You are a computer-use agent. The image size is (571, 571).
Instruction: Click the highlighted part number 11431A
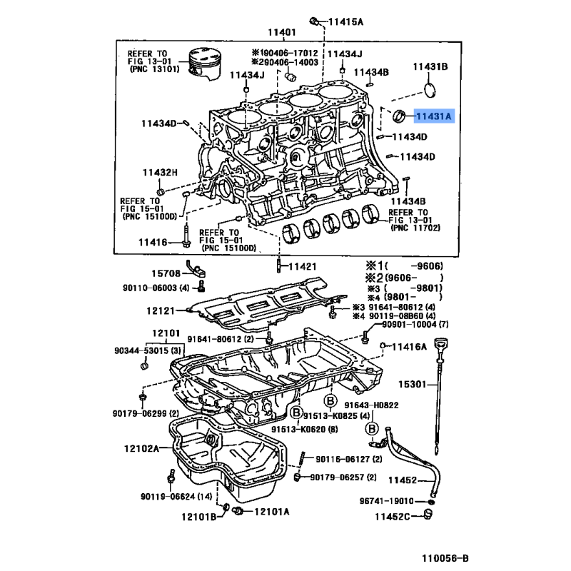pyautogui.click(x=434, y=114)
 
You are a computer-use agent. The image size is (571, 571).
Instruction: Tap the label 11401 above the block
pyautogui.click(x=281, y=32)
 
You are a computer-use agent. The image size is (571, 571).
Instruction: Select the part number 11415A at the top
pyautogui.click(x=345, y=22)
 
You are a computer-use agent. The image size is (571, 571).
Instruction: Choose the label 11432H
pyautogui.click(x=159, y=172)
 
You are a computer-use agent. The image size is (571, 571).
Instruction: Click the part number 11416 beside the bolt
pyautogui.click(x=153, y=243)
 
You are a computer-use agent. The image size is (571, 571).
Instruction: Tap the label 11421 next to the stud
pyautogui.click(x=301, y=266)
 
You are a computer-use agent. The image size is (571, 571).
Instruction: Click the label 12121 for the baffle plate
pyautogui.click(x=163, y=310)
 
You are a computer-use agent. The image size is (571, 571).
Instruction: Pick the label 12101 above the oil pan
pyautogui.click(x=166, y=333)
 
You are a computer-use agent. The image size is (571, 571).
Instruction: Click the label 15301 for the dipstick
pyautogui.click(x=413, y=385)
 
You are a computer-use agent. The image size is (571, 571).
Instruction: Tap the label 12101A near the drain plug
pyautogui.click(x=271, y=512)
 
